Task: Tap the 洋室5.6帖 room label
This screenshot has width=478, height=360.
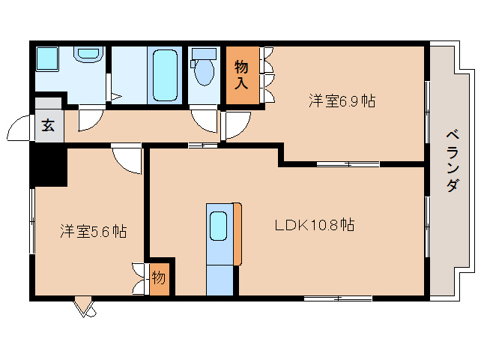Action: pos(93,232)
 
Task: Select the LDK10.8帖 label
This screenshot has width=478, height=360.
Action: pos(313,224)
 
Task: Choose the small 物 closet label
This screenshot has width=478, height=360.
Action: pos(159,278)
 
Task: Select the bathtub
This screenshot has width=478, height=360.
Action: pos(164,75)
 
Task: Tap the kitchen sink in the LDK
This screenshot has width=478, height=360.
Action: pos(218,226)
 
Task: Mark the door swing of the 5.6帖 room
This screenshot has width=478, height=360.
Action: pos(127,158)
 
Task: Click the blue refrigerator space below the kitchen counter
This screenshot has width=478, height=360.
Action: pos(220,279)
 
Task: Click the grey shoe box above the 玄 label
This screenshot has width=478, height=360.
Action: pos(47,104)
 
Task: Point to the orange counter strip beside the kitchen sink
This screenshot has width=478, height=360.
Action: pos(238,233)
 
